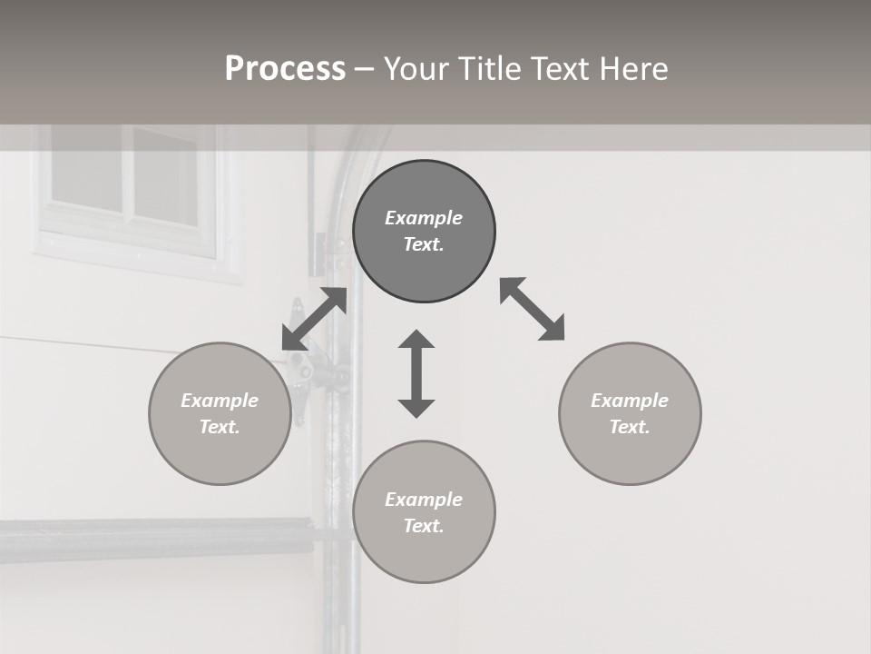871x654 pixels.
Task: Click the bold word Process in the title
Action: pyautogui.click(x=285, y=69)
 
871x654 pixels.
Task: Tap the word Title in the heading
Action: pyautogui.click(x=489, y=69)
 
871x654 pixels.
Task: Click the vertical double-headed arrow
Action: pyautogui.click(x=416, y=373)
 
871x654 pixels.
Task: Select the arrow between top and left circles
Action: pyautogui.click(x=315, y=319)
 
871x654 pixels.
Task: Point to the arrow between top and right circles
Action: pyautogui.click(x=533, y=309)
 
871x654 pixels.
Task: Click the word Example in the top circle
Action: pyautogui.click(x=424, y=218)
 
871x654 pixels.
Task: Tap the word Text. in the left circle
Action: pyautogui.click(x=220, y=427)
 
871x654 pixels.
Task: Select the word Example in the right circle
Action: pyautogui.click(x=630, y=401)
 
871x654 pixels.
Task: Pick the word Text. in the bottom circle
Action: pyautogui.click(x=424, y=526)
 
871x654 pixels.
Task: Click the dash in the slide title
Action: pyautogui.click(x=365, y=69)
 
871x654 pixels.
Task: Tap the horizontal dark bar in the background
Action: pyautogui.click(x=154, y=538)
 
